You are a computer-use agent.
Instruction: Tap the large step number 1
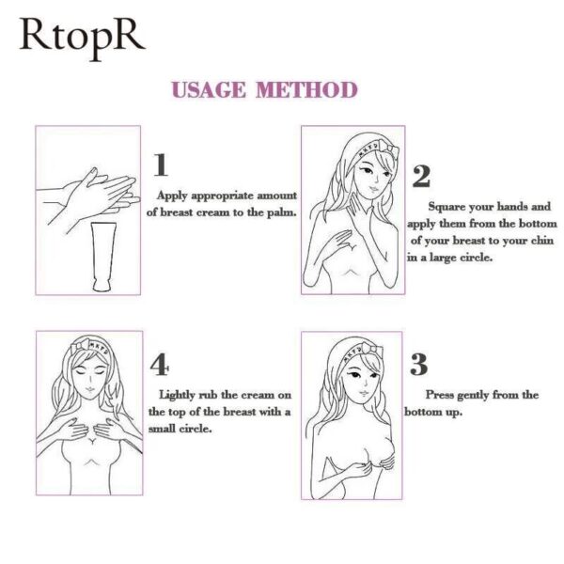tap(161, 165)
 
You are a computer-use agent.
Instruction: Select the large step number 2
tap(421, 176)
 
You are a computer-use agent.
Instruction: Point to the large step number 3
tap(419, 365)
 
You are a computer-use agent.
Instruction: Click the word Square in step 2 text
tap(449, 206)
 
